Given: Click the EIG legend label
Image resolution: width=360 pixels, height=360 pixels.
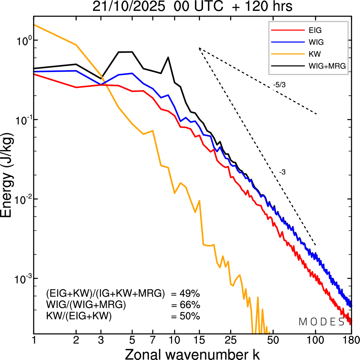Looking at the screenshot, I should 315,30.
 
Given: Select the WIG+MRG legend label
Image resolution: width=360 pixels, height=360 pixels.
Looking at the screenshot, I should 327,66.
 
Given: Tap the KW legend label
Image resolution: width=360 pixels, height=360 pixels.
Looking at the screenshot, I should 315,54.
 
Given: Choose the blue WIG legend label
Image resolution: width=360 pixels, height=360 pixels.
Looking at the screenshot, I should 316,42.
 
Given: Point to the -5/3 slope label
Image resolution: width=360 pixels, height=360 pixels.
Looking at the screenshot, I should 279,85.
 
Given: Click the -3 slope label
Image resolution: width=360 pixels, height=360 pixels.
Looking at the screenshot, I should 282,172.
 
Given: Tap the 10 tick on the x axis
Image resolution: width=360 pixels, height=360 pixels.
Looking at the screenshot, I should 174,340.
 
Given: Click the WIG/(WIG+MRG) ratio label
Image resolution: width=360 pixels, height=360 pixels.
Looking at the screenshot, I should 86,305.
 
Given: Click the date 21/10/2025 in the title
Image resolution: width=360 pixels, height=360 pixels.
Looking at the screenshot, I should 129,7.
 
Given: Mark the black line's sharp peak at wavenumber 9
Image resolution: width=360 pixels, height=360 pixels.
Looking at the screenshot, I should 168,57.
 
